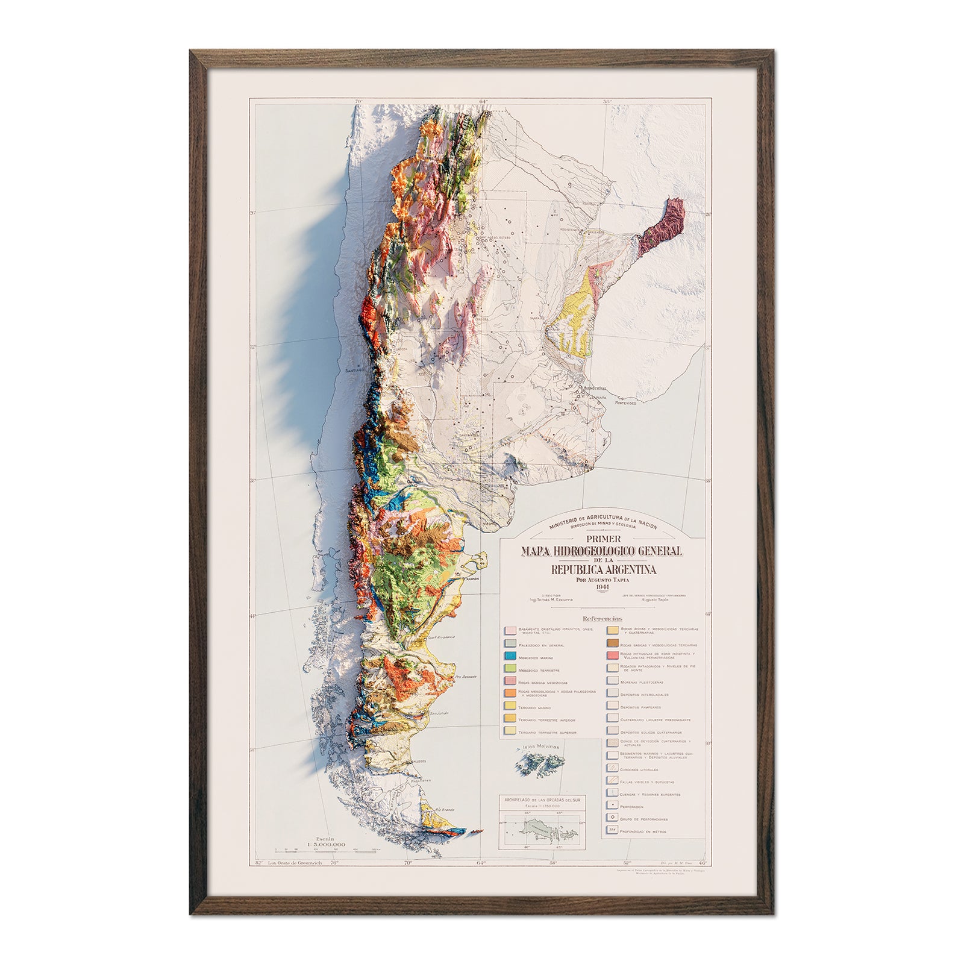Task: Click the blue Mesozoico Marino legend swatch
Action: (x=509, y=659)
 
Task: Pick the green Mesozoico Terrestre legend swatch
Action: (x=509, y=669)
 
